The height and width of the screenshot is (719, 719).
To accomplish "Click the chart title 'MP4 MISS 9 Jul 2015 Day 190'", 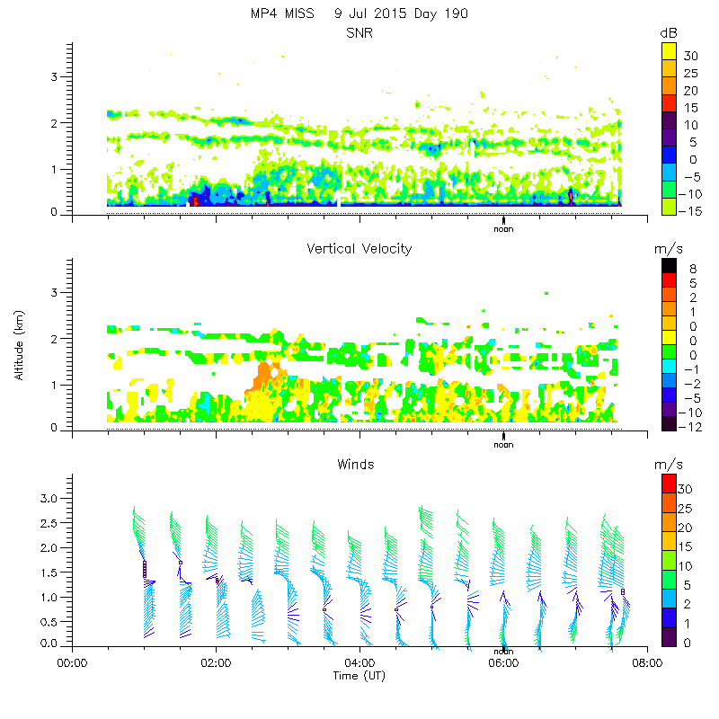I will click(359, 13).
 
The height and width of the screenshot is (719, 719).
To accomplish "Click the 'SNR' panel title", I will click(359, 33).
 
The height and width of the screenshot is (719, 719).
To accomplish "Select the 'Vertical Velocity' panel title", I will click(359, 249).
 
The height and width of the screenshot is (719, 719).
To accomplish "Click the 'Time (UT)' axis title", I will click(359, 675).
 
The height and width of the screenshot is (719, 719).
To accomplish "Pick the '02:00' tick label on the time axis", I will click(216, 664).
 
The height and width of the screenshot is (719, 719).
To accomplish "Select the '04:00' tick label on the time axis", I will click(359, 664).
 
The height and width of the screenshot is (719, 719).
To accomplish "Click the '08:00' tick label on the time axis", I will click(646, 664).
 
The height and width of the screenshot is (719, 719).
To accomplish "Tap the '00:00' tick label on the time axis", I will click(72, 664).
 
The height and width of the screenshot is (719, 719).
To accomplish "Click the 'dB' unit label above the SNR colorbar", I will click(668, 33).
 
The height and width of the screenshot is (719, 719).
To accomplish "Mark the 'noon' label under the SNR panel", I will click(503, 228).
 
